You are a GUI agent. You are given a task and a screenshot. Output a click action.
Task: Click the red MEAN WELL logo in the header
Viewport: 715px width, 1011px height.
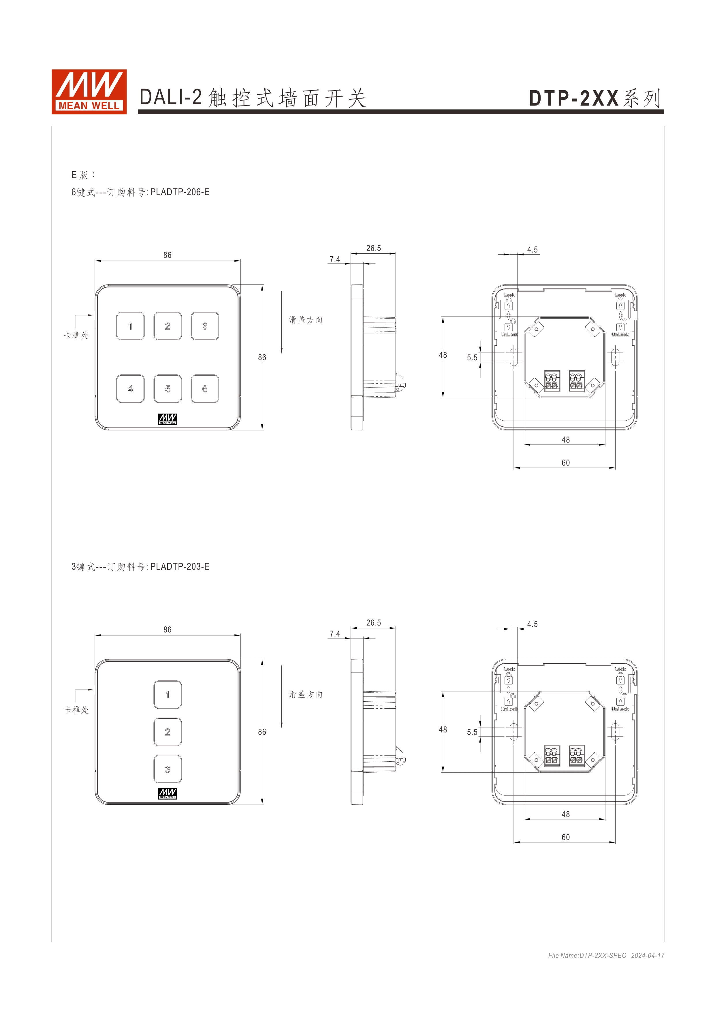[89, 92]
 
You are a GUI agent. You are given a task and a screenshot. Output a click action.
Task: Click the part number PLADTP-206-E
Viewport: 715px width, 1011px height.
[180, 192]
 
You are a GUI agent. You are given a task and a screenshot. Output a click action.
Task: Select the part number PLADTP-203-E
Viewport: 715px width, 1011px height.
[180, 567]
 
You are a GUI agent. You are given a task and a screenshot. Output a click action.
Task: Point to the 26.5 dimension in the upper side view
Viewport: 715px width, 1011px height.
[373, 248]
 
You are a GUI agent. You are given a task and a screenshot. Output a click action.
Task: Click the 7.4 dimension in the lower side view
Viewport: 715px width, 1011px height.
[335, 634]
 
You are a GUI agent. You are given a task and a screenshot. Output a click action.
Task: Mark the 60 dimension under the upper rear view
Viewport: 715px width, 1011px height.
[565, 463]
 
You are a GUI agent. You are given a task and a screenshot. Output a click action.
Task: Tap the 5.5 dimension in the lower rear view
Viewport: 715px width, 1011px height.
[472, 732]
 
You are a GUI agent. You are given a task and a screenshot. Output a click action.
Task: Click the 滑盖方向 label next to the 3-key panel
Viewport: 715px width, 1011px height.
[306, 694]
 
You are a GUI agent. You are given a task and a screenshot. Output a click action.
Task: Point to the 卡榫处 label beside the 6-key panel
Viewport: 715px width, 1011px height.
[76, 336]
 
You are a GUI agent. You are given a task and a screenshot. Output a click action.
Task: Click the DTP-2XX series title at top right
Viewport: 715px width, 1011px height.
[594, 98]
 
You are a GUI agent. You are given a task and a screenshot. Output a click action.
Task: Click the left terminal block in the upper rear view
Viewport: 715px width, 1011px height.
[552, 381]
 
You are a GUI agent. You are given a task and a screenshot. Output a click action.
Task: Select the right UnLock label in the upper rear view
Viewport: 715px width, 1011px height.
[620, 335]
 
